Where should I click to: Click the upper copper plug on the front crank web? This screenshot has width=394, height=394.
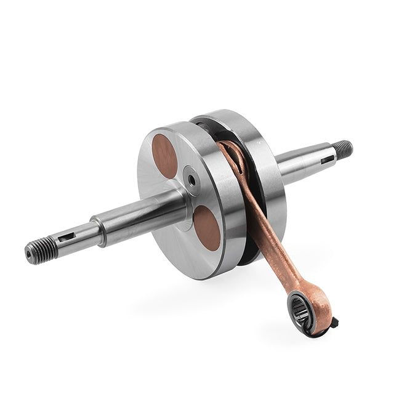click(165, 156)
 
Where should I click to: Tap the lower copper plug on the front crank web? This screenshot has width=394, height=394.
click(207, 228)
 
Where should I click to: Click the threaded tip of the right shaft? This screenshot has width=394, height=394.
click(344, 149)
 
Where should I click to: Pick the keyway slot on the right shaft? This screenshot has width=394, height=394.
click(327, 159)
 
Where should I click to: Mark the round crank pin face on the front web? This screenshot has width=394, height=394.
click(191, 180)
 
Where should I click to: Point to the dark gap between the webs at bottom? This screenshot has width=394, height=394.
click(246, 255)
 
